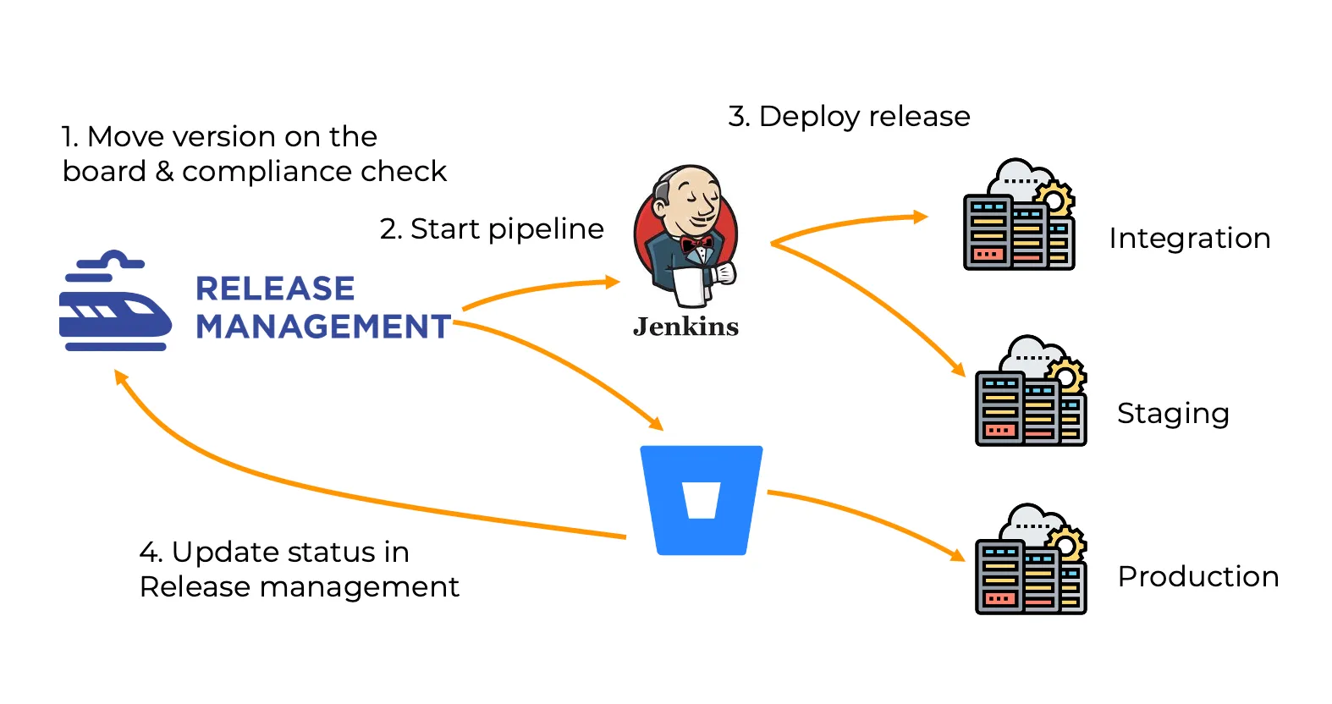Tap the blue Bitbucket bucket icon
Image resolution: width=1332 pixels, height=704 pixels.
point(702,500)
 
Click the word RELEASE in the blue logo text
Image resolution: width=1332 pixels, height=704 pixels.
point(275,289)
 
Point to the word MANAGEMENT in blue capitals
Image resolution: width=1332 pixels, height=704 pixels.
point(323,327)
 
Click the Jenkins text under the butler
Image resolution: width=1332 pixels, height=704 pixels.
point(685,327)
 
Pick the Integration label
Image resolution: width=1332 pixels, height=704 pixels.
point(1189,239)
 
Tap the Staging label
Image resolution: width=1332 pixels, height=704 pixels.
point(1173,414)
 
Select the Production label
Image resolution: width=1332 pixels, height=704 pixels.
point(1198,576)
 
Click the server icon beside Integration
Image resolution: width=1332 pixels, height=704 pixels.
point(1019,215)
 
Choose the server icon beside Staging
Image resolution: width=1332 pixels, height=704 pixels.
point(1031,391)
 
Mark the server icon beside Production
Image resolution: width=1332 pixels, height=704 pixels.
point(1031,559)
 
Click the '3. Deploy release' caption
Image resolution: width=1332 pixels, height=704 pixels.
point(849,116)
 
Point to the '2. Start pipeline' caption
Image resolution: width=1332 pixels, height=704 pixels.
point(492,228)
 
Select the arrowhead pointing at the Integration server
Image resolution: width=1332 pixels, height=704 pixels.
point(921,217)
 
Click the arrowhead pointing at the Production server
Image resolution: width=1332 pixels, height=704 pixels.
point(958,555)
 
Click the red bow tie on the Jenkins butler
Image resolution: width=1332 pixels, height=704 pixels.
point(696,245)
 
